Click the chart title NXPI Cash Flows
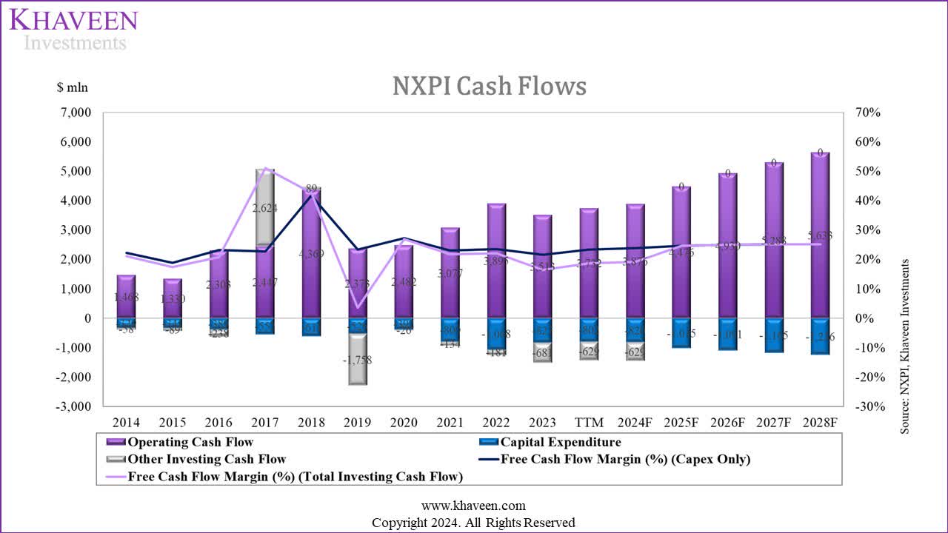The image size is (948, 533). tap(489, 87)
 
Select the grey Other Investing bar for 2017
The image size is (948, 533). tap(265, 207)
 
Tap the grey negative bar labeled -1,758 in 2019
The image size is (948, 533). tap(357, 360)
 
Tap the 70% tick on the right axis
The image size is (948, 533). tap(867, 113)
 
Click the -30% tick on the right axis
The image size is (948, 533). tap(865, 406)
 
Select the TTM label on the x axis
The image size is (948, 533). tap(589, 423)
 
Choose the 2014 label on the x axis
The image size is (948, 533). tap(127, 423)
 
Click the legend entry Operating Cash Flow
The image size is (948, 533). tap(190, 443)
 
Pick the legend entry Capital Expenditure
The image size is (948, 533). tap(561, 443)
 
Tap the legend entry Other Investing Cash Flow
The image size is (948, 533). tap(207, 459)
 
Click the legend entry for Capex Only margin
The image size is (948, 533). tap(625, 459)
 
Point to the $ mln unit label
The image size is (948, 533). tap(73, 87)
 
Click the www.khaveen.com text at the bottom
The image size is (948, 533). tap(473, 506)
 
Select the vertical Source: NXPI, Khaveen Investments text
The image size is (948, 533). tap(904, 346)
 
